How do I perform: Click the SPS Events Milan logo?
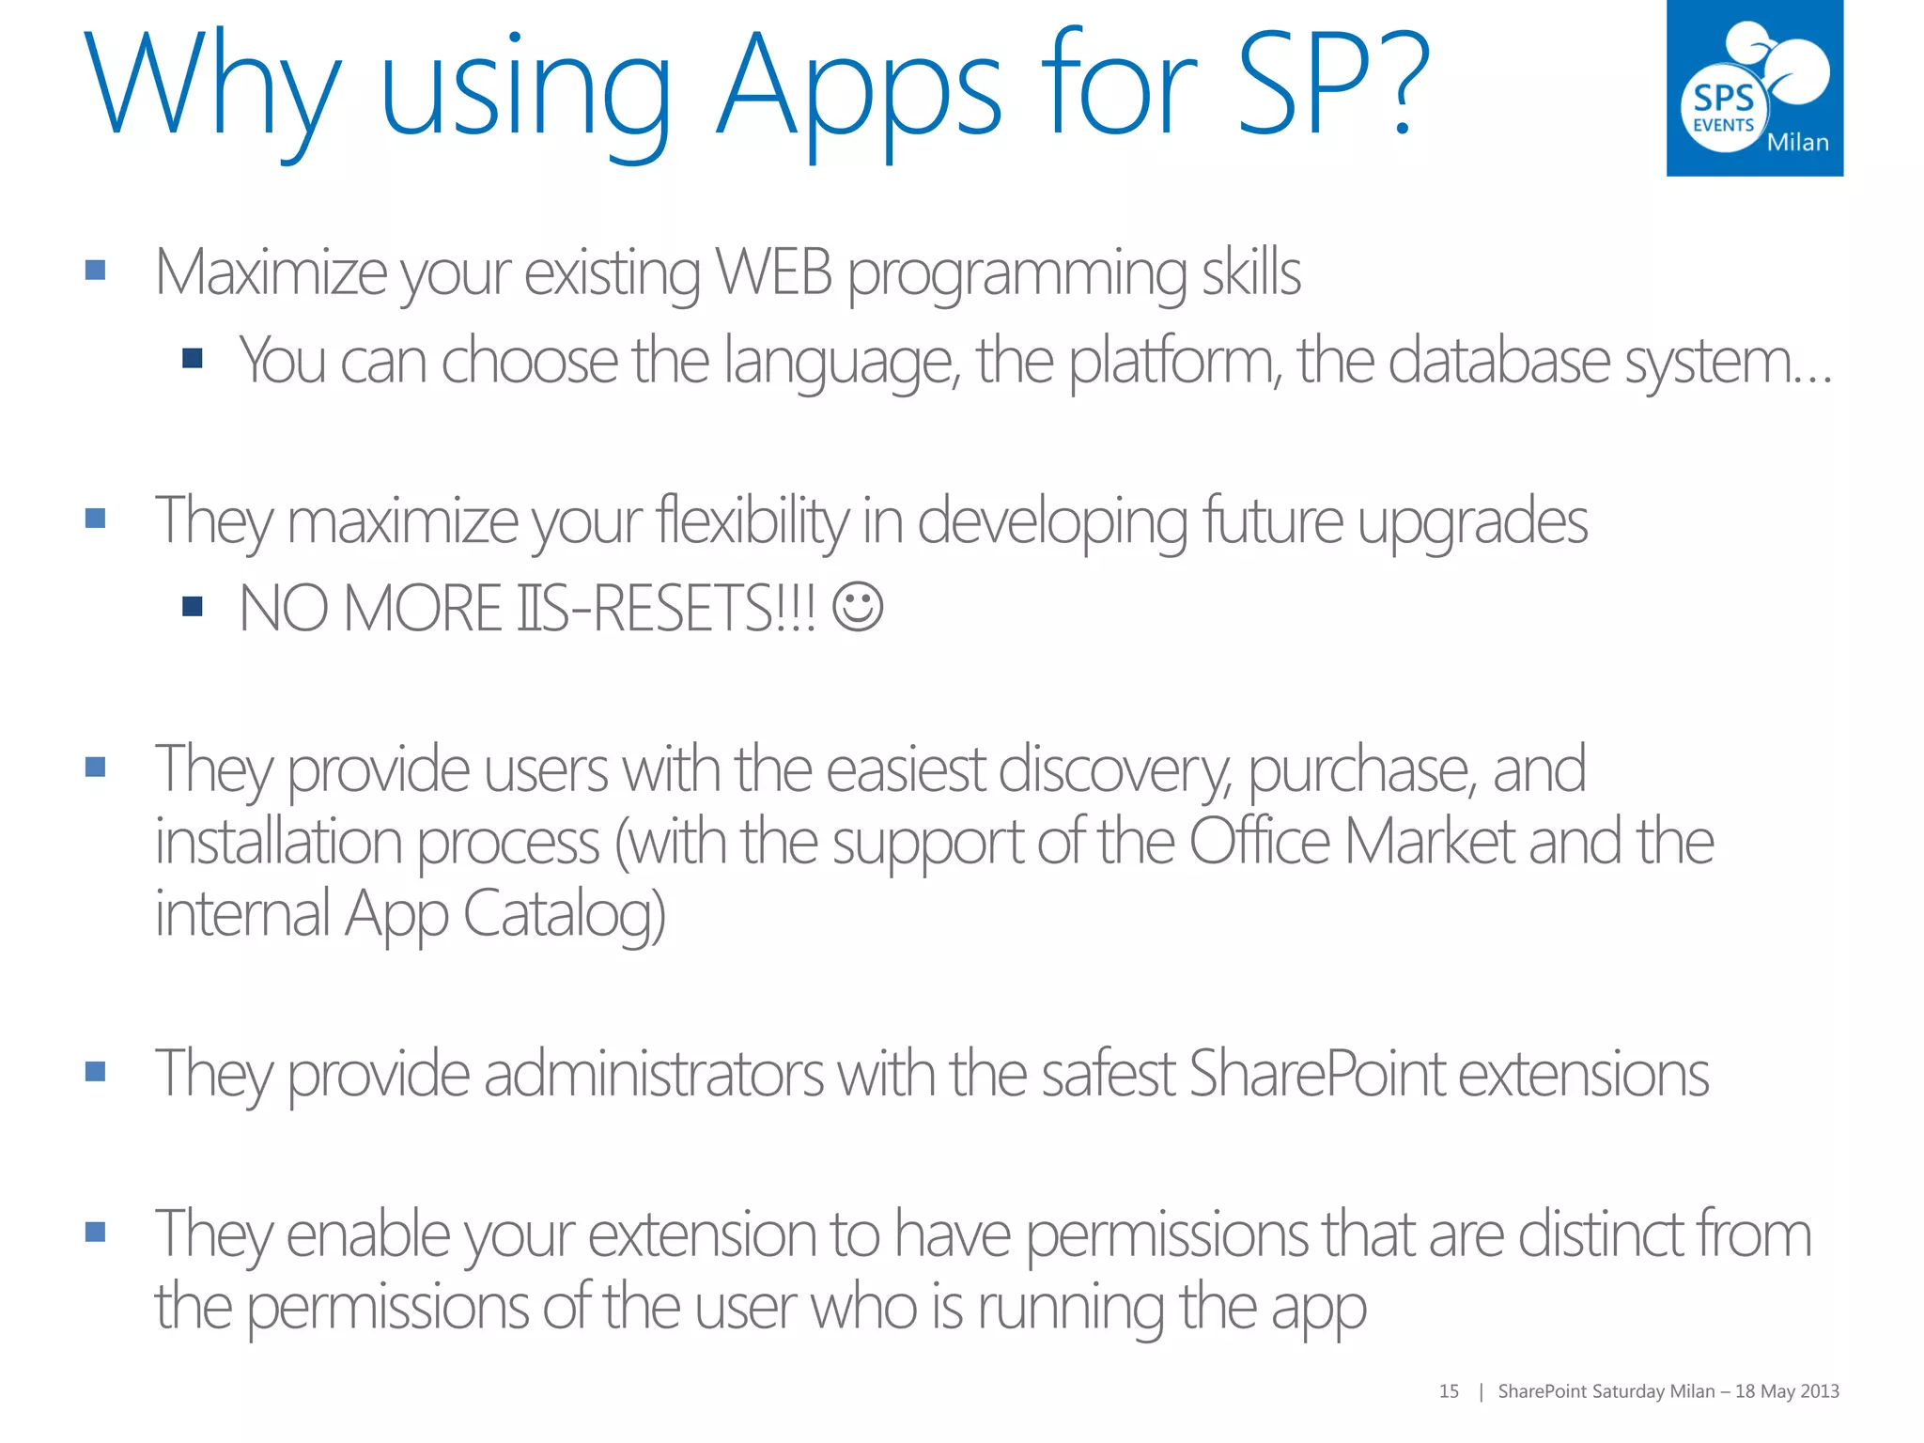pos(1754,88)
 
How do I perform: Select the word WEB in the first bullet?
pos(773,272)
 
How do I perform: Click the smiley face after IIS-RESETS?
pos(858,607)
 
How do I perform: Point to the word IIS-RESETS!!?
pos(667,609)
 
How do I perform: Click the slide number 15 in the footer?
pos(1449,1391)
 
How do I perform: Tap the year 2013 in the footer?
pos(1820,1391)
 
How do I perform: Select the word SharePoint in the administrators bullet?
pos(1317,1073)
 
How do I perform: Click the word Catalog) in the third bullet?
pos(564,914)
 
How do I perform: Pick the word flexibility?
pos(753,520)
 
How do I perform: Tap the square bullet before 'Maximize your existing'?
pos(95,271)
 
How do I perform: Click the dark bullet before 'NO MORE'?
pos(193,607)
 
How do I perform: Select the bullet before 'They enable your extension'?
pos(95,1232)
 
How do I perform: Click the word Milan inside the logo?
pos(1797,143)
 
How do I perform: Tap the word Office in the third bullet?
pos(1260,841)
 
